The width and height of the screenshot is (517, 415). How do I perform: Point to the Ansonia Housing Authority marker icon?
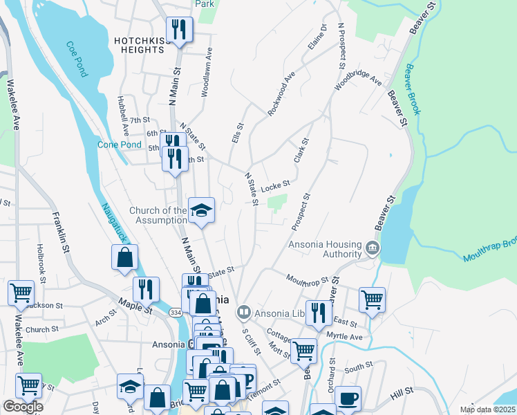(x=373, y=248)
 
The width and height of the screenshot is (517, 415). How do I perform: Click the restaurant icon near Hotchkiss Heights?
(x=179, y=30)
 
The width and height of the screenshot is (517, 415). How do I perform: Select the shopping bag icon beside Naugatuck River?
(x=124, y=257)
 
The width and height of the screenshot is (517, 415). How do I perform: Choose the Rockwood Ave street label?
(x=281, y=93)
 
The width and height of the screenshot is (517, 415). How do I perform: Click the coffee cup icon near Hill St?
(x=349, y=399)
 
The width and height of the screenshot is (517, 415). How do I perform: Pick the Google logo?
(x=22, y=407)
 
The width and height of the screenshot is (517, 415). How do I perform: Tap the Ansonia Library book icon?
(x=243, y=313)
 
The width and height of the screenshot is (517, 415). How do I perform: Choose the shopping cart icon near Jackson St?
(x=21, y=293)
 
